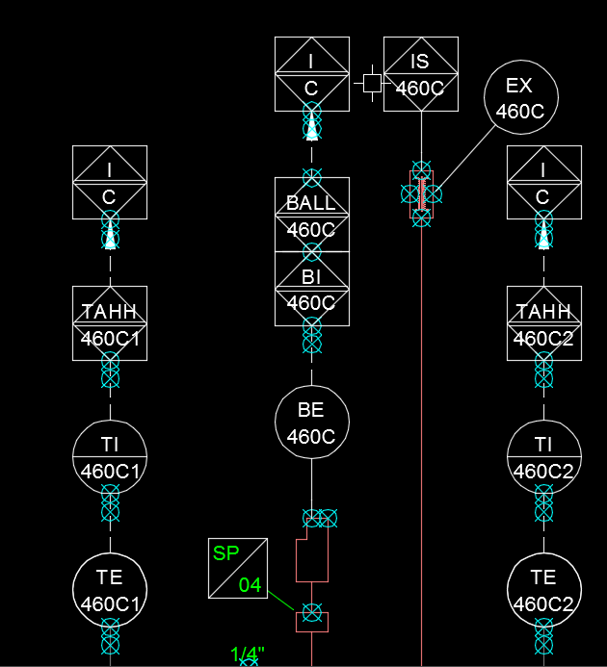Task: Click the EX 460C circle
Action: click(x=520, y=98)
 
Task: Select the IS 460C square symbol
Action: click(x=420, y=74)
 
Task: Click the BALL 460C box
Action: click(x=311, y=214)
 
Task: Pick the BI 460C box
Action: click(x=311, y=289)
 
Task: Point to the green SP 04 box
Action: click(x=238, y=568)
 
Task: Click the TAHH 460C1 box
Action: click(x=111, y=323)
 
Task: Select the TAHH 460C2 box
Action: click(x=544, y=323)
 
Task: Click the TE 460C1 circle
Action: click(x=111, y=590)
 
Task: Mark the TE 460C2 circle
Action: click(x=544, y=590)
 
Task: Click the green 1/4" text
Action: click(x=247, y=655)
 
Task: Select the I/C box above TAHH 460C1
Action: click(x=111, y=182)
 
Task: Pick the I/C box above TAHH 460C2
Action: click(x=544, y=182)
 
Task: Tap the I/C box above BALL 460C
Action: click(x=311, y=74)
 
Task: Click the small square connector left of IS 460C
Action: click(x=372, y=82)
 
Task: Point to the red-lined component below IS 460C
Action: click(x=421, y=193)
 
